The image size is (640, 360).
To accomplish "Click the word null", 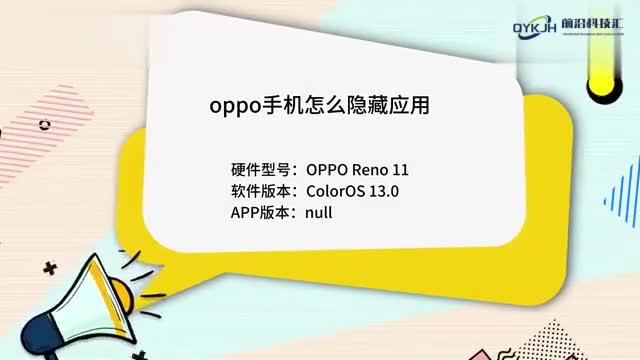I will pos(320,213).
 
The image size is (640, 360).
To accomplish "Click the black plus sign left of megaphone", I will pos(50,268).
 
